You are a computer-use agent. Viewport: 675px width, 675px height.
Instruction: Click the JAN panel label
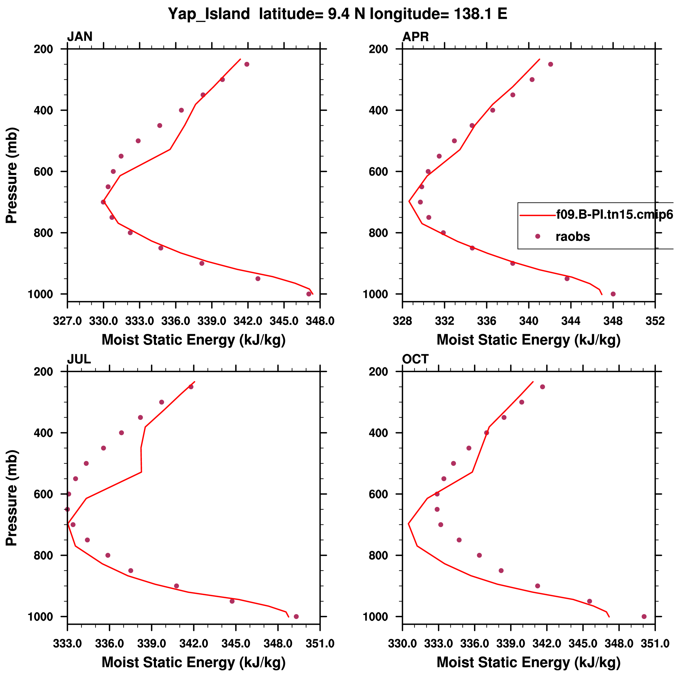pos(80,37)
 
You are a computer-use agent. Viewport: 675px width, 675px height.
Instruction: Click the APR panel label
pos(415,37)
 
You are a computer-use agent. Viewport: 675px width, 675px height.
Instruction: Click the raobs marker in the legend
pos(538,237)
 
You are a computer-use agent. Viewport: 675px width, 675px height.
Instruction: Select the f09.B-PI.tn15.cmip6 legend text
pos(614,214)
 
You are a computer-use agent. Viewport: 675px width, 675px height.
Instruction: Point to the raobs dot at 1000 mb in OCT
pos(644,617)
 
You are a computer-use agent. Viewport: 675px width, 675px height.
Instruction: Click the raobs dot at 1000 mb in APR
pos(613,294)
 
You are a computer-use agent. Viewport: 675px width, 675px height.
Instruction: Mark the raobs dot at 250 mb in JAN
pos(247,64)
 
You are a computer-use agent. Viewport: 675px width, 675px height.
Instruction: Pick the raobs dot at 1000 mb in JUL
pos(296,617)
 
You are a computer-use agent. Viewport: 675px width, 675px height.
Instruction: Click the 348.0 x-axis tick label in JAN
pos(320,321)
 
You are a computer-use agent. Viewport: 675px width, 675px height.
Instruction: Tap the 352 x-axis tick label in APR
pos(655,321)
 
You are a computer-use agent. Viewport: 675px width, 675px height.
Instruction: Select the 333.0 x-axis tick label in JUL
pos(67,644)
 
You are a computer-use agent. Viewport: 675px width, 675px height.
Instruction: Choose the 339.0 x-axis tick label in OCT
pos(511,644)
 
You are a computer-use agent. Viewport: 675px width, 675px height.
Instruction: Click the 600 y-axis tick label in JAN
pos(43,171)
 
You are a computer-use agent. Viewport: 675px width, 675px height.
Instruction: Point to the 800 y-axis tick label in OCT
pos(378,556)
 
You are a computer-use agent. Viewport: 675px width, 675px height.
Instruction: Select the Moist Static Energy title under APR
pos(529,340)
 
